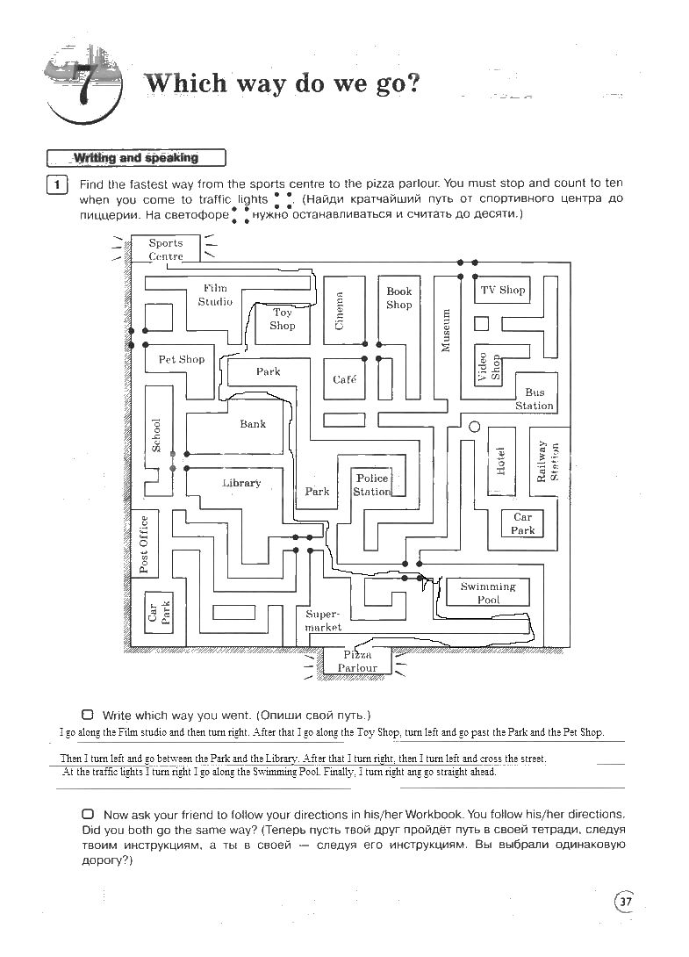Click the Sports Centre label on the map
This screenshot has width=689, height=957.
166,249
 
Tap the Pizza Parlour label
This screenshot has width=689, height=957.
358,661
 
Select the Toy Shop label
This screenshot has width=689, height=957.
283,319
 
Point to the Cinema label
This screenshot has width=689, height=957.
340,310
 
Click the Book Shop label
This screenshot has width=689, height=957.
399,298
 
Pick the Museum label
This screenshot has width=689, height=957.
446,329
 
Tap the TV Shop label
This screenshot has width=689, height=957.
503,290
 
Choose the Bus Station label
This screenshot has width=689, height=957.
535,399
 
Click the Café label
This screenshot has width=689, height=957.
345,379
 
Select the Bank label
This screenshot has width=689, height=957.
253,424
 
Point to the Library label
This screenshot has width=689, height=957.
241,483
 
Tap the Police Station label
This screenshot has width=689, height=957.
372,485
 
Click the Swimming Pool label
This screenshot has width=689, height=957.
488,593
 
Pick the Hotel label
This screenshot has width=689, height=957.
500,460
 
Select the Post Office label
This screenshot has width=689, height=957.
144,544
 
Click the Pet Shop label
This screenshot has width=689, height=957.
182,359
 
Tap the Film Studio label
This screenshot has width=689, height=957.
215,294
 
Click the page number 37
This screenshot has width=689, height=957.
626,902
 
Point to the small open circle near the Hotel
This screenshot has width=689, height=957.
475,427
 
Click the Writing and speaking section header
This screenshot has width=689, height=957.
136,158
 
